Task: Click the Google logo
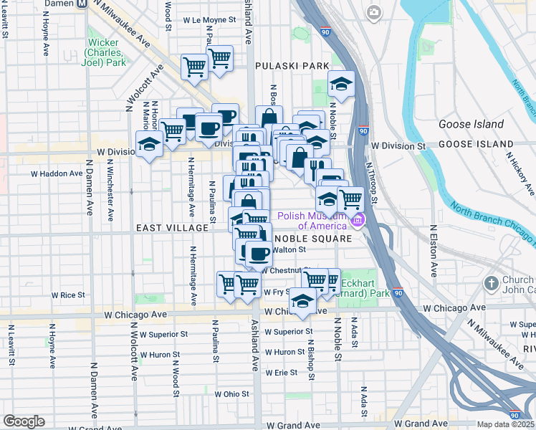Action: (24, 421)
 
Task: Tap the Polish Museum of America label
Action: (312, 220)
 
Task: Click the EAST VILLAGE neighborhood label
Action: (171, 227)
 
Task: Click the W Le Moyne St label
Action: (209, 21)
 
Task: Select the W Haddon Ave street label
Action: (57, 173)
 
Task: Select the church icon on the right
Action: (491, 284)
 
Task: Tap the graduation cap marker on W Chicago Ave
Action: (302, 302)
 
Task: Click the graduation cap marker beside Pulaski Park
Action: (342, 83)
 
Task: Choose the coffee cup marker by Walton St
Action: (258, 254)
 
